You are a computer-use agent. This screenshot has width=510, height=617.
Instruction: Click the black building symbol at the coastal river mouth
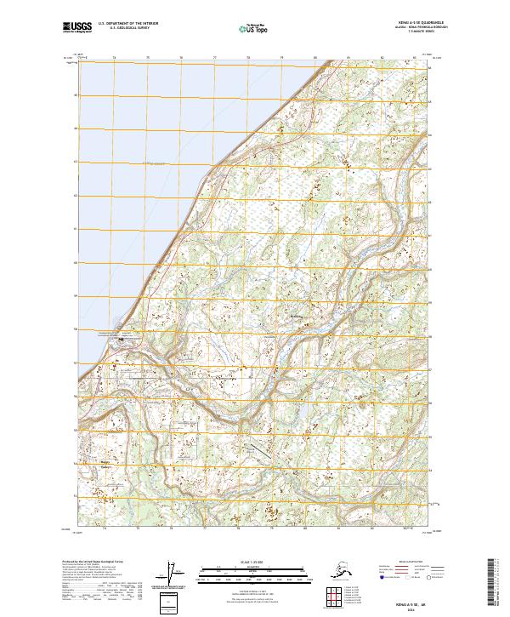121,339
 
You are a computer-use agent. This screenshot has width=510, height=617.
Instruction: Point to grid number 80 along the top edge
315,59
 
